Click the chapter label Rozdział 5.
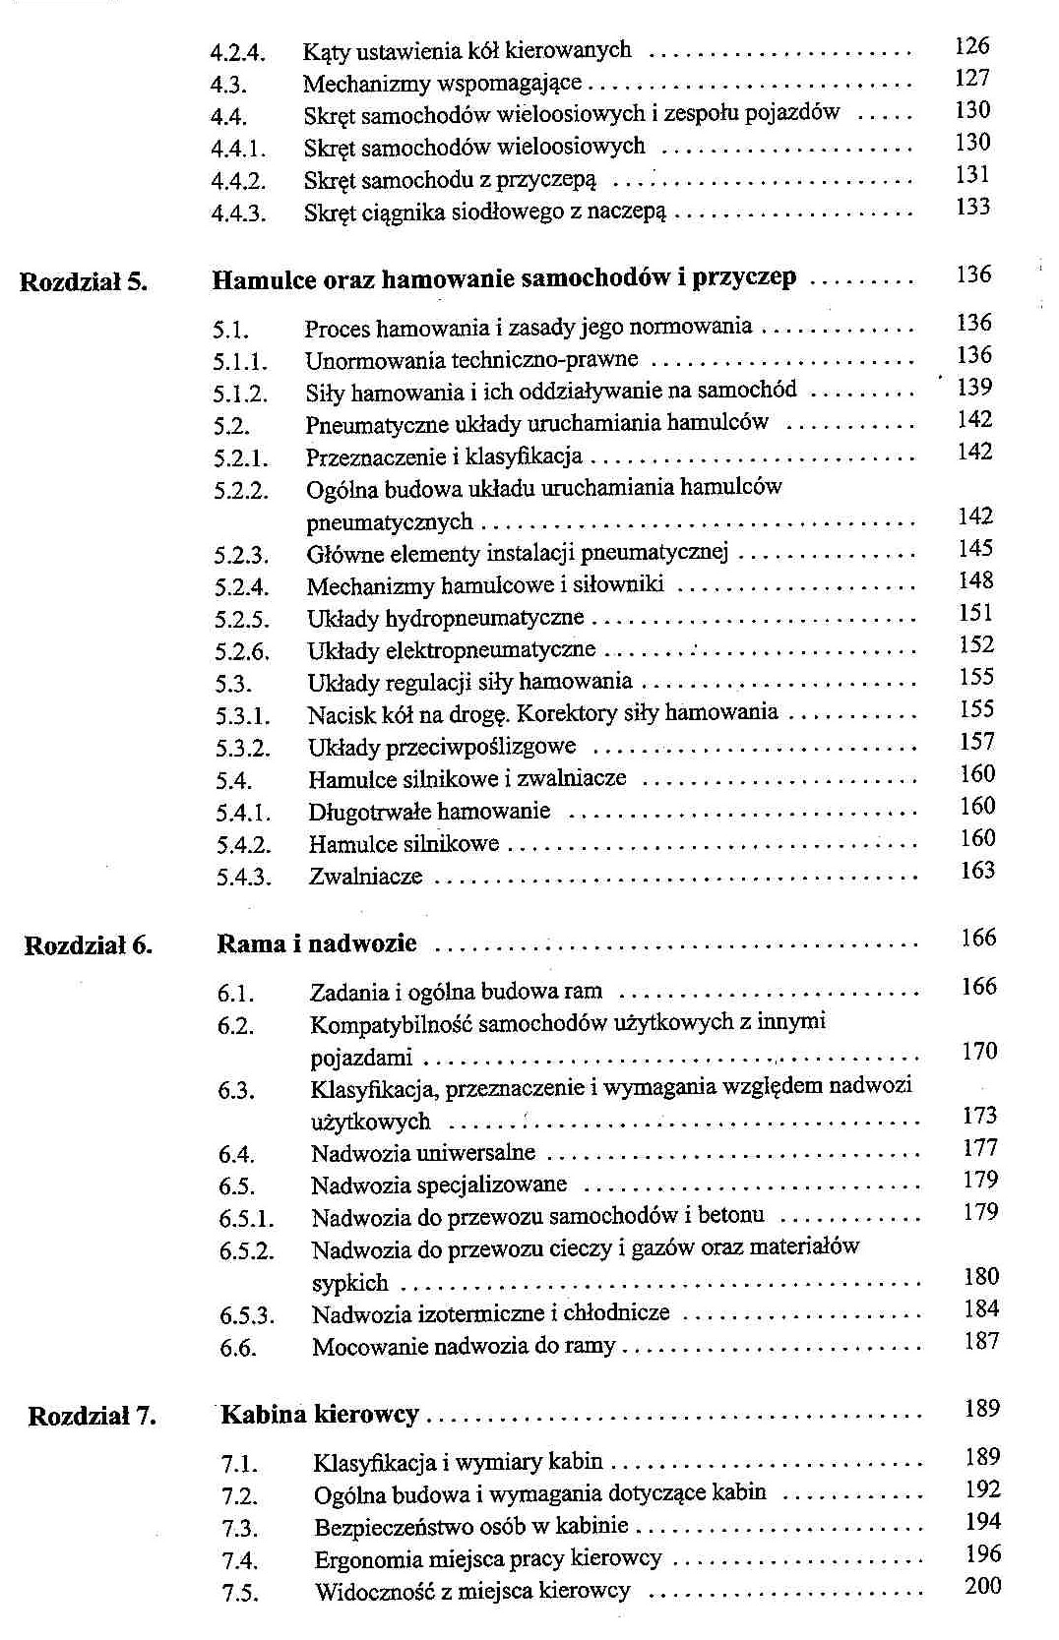point(84,282)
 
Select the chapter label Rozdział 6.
point(89,946)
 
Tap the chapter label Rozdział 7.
point(92,1417)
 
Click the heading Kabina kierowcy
point(319,1415)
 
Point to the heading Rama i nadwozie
point(316,944)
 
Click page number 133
point(972,207)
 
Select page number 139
point(974,388)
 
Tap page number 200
point(982,1586)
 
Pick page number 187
point(981,1341)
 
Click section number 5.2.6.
point(242,651)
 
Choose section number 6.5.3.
point(247,1315)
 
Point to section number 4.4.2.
point(238,181)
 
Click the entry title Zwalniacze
point(365,877)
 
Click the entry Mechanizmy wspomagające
point(442,84)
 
